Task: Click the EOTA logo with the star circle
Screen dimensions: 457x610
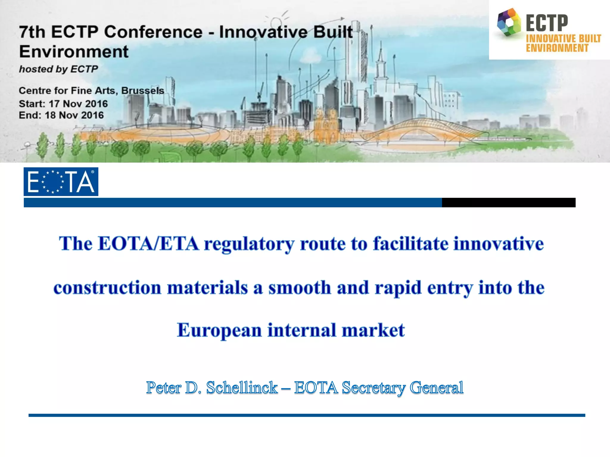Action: click(61, 181)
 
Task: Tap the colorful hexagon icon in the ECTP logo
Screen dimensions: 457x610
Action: click(509, 23)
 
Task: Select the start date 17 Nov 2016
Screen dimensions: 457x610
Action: click(78, 104)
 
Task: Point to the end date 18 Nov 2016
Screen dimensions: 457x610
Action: click(74, 115)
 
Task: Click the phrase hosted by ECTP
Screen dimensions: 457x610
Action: click(58, 69)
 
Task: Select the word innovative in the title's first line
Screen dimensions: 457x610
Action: click(498, 244)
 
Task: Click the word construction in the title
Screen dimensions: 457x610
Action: click(107, 288)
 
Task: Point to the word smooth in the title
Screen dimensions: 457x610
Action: click(299, 288)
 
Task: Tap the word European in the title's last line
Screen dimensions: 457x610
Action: click(219, 330)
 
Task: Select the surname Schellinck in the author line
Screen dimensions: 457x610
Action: click(242, 387)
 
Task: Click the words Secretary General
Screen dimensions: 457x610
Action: click(402, 387)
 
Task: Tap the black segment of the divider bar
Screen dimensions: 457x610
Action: click(508, 203)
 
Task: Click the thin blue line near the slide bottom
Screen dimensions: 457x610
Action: click(307, 415)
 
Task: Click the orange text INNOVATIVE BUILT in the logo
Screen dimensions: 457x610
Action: click(563, 39)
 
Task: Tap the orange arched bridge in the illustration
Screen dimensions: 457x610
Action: click(423, 128)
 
